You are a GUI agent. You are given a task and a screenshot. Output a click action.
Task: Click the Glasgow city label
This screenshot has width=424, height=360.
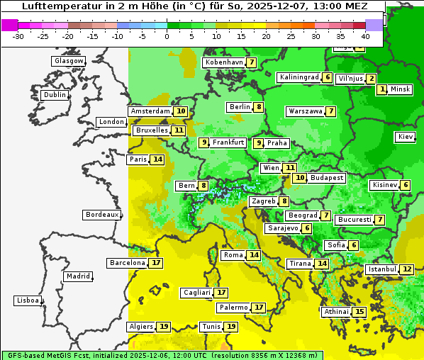point(68,61)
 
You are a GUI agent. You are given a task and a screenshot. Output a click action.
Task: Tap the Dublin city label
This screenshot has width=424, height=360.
point(54,95)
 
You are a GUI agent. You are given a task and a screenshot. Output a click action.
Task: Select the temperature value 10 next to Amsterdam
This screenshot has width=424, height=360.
point(181,111)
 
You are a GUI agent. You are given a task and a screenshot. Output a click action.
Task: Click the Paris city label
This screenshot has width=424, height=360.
point(138,159)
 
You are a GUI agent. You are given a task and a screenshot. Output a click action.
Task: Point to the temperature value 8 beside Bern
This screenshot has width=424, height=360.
point(203,186)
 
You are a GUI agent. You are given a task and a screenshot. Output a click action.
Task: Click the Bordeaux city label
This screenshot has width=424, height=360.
point(101,215)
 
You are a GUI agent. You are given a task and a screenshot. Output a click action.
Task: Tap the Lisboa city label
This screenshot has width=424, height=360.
point(27,300)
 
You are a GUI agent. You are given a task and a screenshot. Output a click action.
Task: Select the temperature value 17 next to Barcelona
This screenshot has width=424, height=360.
point(156,263)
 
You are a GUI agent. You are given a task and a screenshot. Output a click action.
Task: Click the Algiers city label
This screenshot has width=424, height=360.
point(140,327)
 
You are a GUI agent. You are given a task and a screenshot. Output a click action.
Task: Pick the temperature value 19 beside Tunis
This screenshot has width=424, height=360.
point(230,327)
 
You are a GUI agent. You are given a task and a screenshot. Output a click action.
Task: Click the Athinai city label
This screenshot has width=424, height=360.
point(336,312)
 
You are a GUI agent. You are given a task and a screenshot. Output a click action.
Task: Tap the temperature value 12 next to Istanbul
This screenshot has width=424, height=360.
point(406,269)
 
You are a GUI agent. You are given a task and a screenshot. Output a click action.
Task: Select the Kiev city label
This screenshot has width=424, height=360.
point(405,137)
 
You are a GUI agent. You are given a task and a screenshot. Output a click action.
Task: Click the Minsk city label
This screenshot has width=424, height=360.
point(400,89)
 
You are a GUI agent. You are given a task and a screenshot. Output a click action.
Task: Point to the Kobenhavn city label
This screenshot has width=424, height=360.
point(223,62)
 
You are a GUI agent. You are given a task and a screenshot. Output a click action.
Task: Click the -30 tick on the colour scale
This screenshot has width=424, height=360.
point(18,36)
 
